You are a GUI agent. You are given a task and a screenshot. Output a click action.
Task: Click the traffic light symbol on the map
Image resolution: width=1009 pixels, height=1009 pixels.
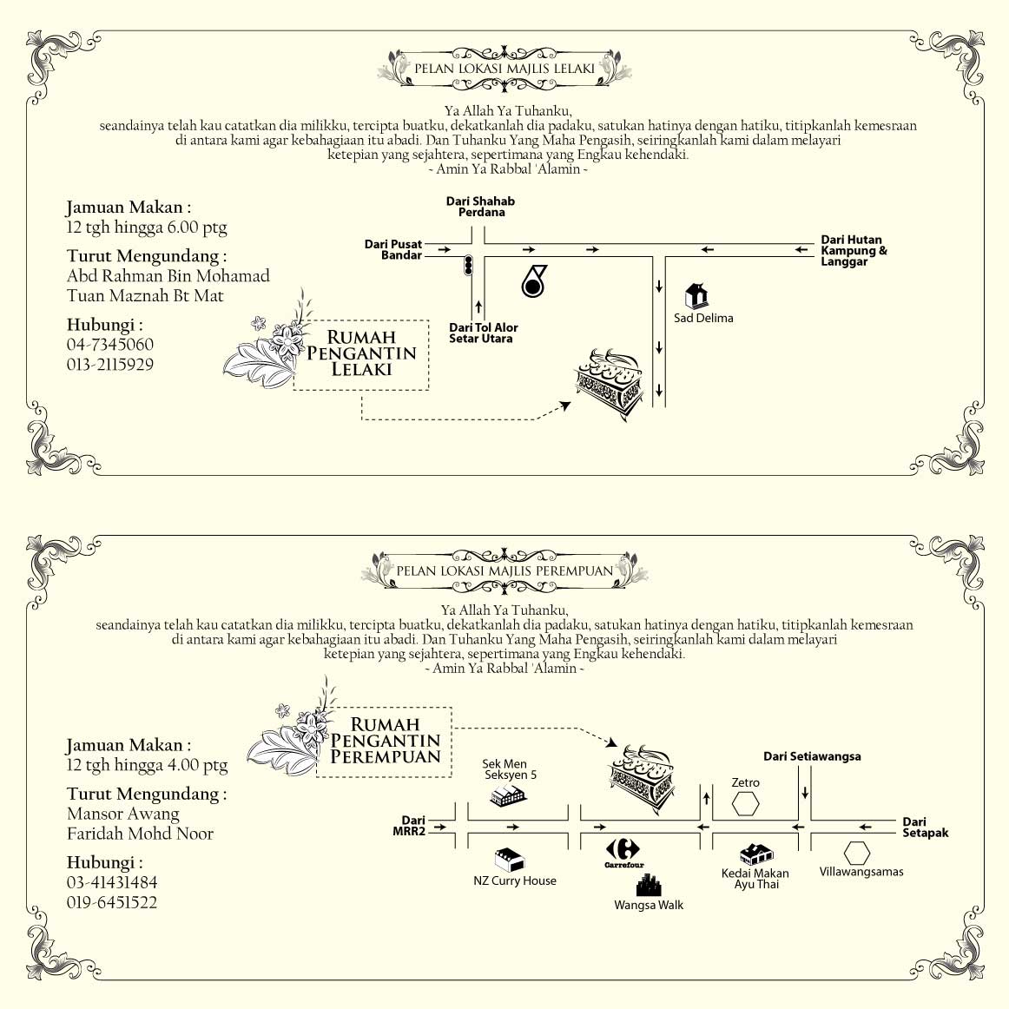pos(469,266)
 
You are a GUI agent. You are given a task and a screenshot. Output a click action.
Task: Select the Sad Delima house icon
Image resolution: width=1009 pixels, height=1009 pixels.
pos(696,296)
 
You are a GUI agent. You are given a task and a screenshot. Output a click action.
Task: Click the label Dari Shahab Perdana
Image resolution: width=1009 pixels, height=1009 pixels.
pos(481,207)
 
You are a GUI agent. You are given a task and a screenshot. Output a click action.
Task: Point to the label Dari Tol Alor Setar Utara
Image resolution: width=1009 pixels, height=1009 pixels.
pos(483,333)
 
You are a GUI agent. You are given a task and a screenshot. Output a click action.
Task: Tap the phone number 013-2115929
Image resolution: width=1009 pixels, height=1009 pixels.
pos(110,365)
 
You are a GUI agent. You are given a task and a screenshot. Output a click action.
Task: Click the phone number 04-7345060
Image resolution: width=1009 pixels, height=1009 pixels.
pos(110,345)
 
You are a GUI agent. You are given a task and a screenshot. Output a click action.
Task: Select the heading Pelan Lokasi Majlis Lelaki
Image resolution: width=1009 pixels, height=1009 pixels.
pos(504,68)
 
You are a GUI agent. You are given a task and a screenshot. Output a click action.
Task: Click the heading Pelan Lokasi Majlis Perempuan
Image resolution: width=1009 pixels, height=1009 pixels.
pos(504,570)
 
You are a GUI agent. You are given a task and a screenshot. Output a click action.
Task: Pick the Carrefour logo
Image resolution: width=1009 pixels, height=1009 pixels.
pos(623,850)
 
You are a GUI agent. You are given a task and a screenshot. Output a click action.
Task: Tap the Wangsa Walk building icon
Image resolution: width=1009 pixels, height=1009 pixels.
pos(649,884)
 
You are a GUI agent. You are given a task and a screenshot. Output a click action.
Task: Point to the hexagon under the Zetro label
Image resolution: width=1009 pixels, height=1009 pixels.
pos(745,803)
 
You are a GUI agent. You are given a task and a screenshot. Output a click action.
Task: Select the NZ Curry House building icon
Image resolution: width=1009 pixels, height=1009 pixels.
pos(510,860)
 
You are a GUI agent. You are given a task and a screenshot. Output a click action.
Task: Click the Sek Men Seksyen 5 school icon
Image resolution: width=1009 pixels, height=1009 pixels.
pos(509,795)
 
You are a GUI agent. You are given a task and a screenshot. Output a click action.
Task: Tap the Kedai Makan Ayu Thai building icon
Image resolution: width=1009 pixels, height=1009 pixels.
pos(755,854)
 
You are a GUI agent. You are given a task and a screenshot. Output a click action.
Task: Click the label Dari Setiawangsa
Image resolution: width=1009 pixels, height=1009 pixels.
pos(812,756)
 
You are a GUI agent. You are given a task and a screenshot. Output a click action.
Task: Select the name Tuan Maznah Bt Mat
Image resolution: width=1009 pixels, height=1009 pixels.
pos(145,296)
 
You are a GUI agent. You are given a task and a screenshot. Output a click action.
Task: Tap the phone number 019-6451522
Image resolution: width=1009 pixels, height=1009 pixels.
pos(112,903)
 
